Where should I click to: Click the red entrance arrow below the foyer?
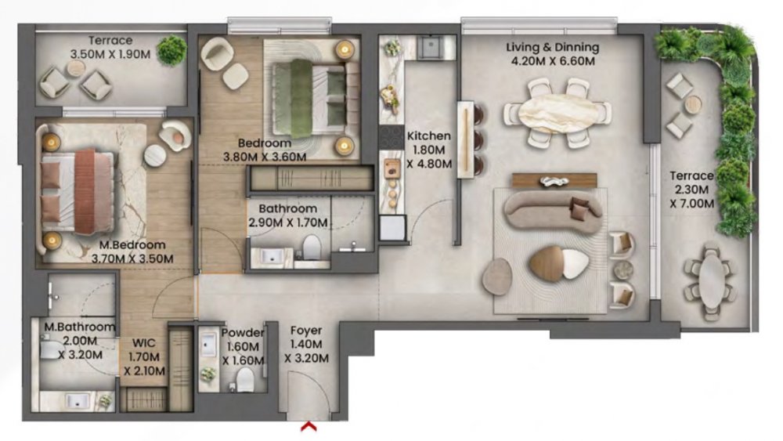pyautogui.click(x=309, y=427)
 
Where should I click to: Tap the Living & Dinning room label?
pyautogui.click(x=552, y=48)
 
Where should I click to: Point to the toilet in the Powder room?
pyautogui.click(x=245, y=379)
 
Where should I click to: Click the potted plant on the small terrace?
pyautogui.click(x=171, y=50)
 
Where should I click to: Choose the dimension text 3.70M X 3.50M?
pyautogui.click(x=132, y=258)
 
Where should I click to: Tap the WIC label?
pyautogui.click(x=144, y=343)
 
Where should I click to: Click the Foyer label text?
pyautogui.click(x=306, y=331)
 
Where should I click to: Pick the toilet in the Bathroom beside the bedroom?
pyautogui.click(x=312, y=247)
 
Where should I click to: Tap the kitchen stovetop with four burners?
pyautogui.click(x=391, y=137)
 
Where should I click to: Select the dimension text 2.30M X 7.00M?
pyautogui.click(x=691, y=197)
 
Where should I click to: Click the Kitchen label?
pyautogui.click(x=429, y=136)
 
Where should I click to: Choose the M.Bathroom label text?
pyautogui.click(x=79, y=327)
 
